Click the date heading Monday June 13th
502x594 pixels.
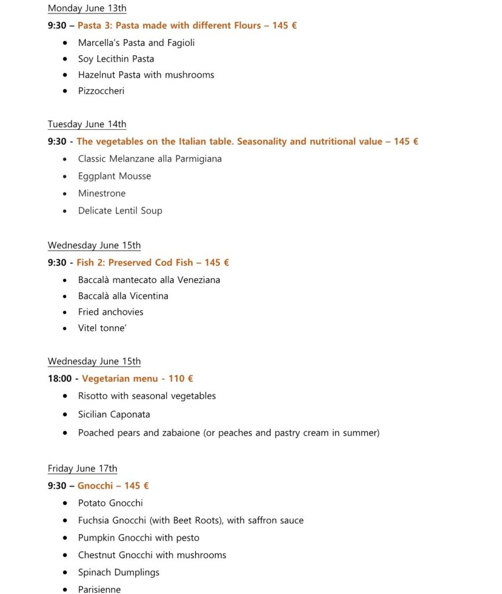pyautogui.click(x=87, y=8)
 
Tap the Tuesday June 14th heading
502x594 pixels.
pyautogui.click(x=87, y=124)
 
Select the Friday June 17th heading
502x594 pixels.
pyautogui.click(x=82, y=468)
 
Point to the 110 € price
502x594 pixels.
pyautogui.click(x=180, y=378)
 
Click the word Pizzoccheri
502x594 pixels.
pyautogui.click(x=101, y=90)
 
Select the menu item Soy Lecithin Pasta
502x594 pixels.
pyautogui.click(x=116, y=59)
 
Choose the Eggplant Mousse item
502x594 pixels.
pyautogui.click(x=114, y=176)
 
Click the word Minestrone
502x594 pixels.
pyautogui.click(x=102, y=193)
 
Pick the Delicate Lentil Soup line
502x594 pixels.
pyautogui.click(x=120, y=211)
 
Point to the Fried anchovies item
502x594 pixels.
pyautogui.click(x=111, y=312)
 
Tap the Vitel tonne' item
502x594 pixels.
pyautogui.click(x=103, y=328)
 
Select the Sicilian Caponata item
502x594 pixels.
pyautogui.click(x=114, y=414)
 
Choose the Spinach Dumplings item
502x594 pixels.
pyautogui.click(x=118, y=572)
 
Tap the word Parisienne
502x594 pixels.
pyautogui.click(x=100, y=589)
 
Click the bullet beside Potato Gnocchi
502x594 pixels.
pyautogui.click(x=65, y=504)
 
